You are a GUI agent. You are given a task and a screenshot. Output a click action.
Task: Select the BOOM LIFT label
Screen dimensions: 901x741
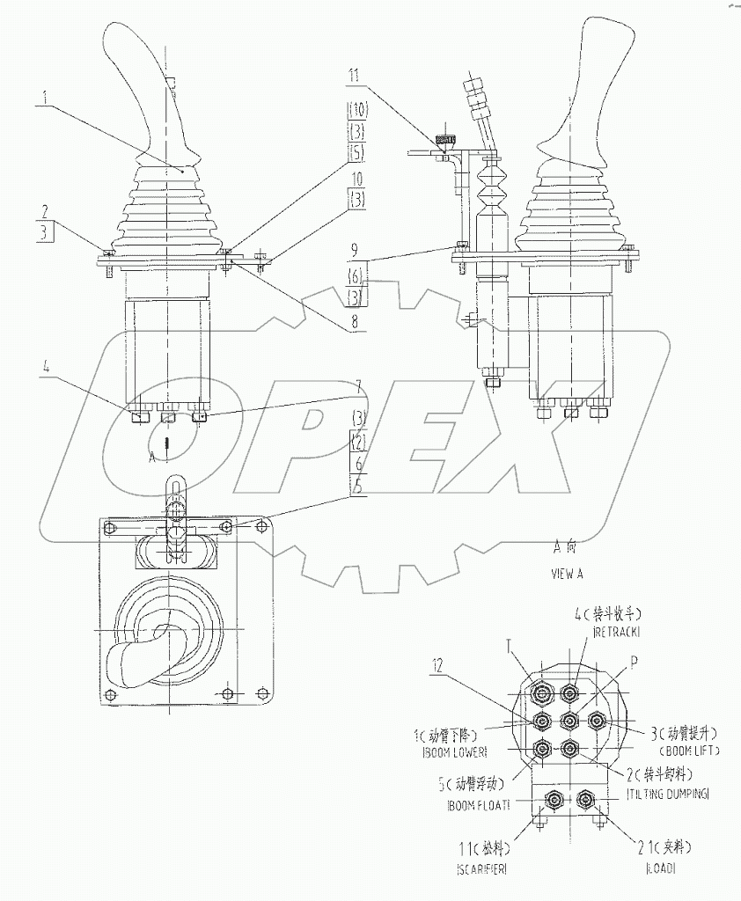coord(689,751)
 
